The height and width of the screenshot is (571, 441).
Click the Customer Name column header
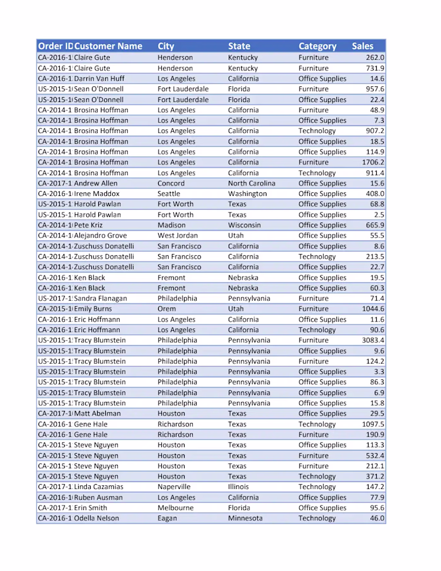tap(108, 46)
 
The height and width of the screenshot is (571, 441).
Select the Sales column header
tap(363, 46)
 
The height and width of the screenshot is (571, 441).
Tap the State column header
tap(239, 46)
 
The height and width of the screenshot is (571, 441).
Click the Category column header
tap(318, 46)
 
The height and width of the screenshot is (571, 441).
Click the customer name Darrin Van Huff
tap(100, 79)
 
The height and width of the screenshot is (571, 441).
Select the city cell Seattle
tap(169, 193)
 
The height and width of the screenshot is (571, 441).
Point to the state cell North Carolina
tap(251, 183)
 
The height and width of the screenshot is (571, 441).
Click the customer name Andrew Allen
tap(96, 183)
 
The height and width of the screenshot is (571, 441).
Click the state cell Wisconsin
tap(244, 225)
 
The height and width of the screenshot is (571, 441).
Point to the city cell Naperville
tap(174, 487)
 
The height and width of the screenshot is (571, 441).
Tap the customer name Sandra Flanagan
tap(101, 298)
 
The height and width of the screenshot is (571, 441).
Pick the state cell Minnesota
tap(245, 518)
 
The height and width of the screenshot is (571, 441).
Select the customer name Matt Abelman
tap(98, 413)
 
